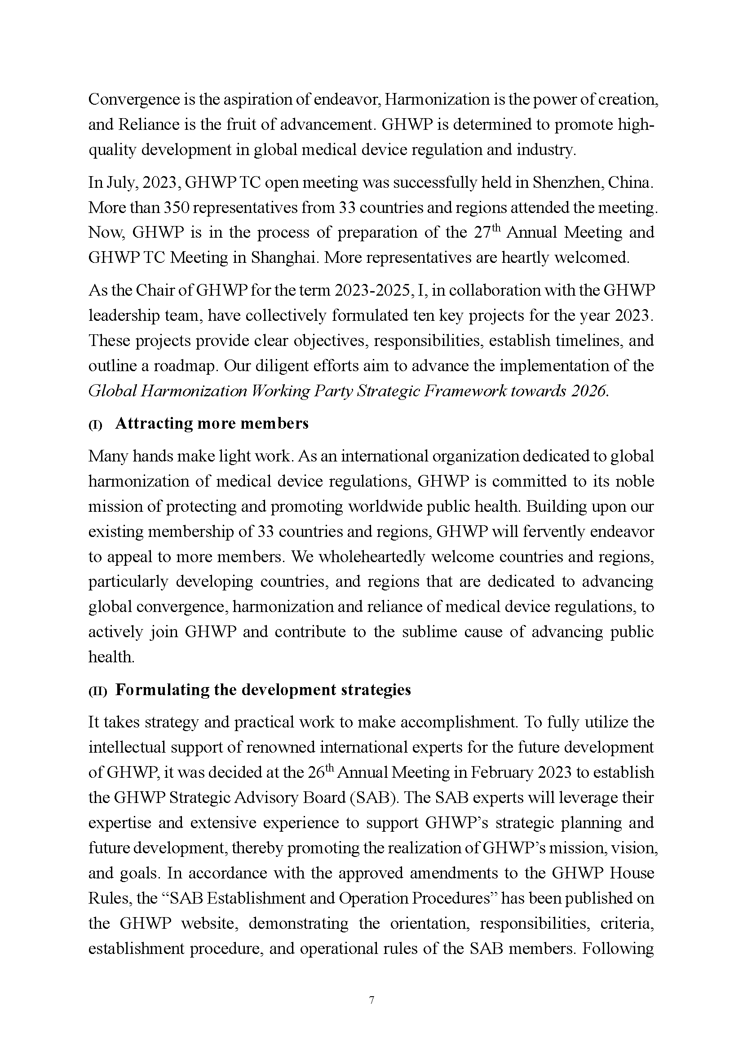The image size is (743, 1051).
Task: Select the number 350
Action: [x=173, y=208]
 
